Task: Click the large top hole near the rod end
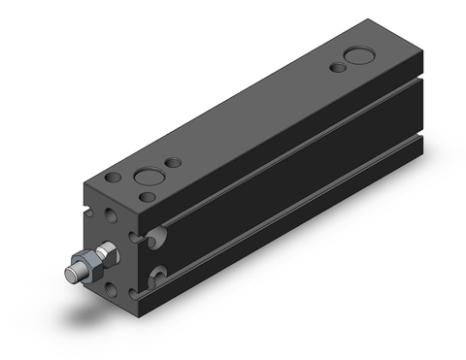(x=150, y=178)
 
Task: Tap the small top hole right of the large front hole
(x=175, y=163)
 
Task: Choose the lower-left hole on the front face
(x=116, y=288)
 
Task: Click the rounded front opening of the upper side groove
(x=157, y=235)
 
